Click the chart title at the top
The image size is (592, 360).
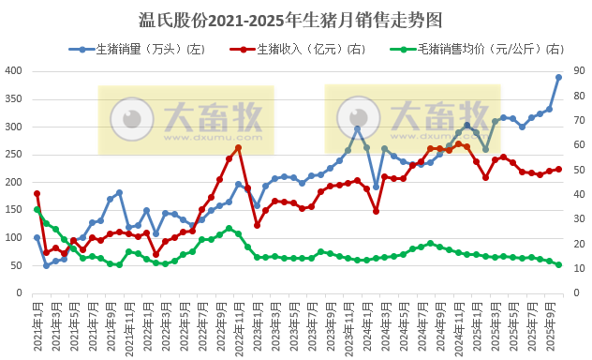(x=295, y=19)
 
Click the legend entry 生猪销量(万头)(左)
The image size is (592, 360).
(x=141, y=49)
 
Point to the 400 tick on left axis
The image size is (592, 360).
(x=14, y=71)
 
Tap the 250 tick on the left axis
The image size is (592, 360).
(x=14, y=155)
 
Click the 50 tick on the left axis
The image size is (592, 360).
(x=17, y=266)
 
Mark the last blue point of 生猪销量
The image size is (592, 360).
(x=559, y=78)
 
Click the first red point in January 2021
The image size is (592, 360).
(x=37, y=193)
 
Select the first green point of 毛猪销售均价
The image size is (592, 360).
(x=37, y=209)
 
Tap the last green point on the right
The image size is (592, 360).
(x=559, y=265)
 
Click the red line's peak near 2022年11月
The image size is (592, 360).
(x=239, y=147)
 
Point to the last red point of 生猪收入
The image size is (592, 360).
(x=559, y=169)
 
